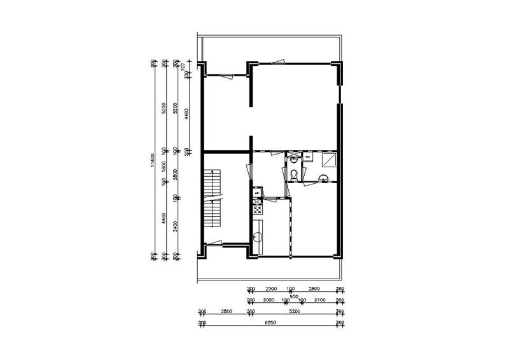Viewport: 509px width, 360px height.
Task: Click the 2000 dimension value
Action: pyautogui.click(x=268, y=300)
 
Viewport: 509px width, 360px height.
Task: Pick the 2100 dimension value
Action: pyautogui.click(x=320, y=300)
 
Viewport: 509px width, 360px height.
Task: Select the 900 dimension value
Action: pyautogui.click(x=293, y=295)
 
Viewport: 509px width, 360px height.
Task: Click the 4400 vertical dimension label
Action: pyautogui.click(x=164, y=219)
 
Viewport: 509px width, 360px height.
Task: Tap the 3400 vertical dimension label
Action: pyautogui.click(x=176, y=225)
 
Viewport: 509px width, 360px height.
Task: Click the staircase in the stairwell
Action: pyautogui.click(x=212, y=200)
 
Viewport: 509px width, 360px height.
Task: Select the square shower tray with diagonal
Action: pyautogui.click(x=330, y=159)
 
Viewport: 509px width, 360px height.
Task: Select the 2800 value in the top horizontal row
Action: pyautogui.click(x=314, y=288)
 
